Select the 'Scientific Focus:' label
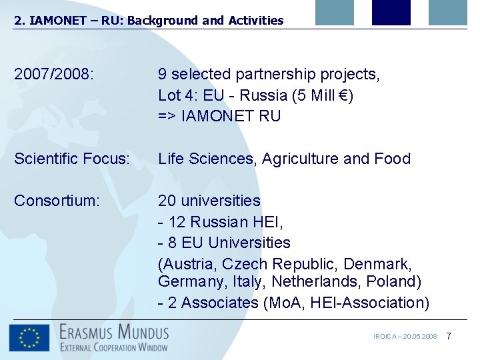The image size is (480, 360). [72, 159]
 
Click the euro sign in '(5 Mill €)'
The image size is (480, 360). [343, 95]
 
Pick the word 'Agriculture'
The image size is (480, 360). [300, 159]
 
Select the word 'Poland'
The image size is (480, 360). [391, 282]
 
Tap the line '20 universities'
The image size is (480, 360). [209, 201]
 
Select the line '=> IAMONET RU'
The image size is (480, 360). [219, 116]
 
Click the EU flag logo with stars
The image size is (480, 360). [29, 338]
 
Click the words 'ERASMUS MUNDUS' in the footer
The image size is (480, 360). [114, 331]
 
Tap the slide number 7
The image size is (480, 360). [449, 336]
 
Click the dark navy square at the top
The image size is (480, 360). [391, 12]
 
